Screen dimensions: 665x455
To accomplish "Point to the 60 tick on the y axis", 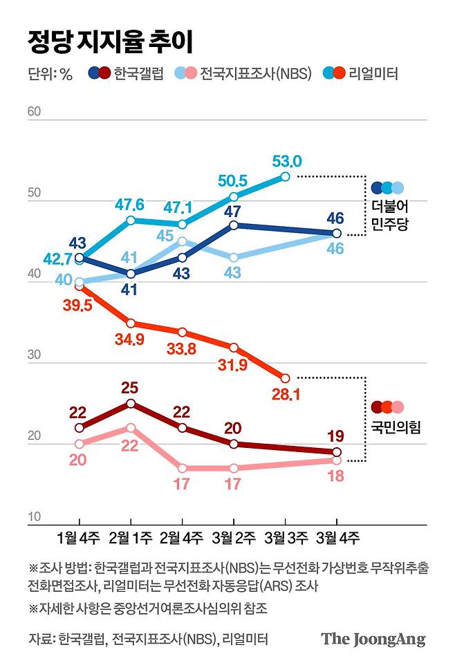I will pyautogui.click(x=35, y=111).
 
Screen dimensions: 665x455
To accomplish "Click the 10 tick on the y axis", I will pyautogui.click(x=35, y=517).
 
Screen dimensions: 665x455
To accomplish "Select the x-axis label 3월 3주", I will pyautogui.click(x=285, y=537).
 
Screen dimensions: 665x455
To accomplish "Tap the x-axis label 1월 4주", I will pyautogui.click(x=79, y=537).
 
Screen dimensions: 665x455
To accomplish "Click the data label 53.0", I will pyautogui.click(x=286, y=161).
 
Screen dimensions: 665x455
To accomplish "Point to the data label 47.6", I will pyautogui.click(x=130, y=205).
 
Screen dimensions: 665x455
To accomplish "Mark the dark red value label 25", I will pyautogui.click(x=130, y=387).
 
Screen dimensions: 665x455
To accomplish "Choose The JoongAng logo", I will pyautogui.click(x=373, y=638).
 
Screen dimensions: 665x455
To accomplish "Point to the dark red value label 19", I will pyautogui.click(x=336, y=436).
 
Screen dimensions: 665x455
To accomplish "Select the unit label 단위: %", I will pyautogui.click(x=50, y=74).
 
